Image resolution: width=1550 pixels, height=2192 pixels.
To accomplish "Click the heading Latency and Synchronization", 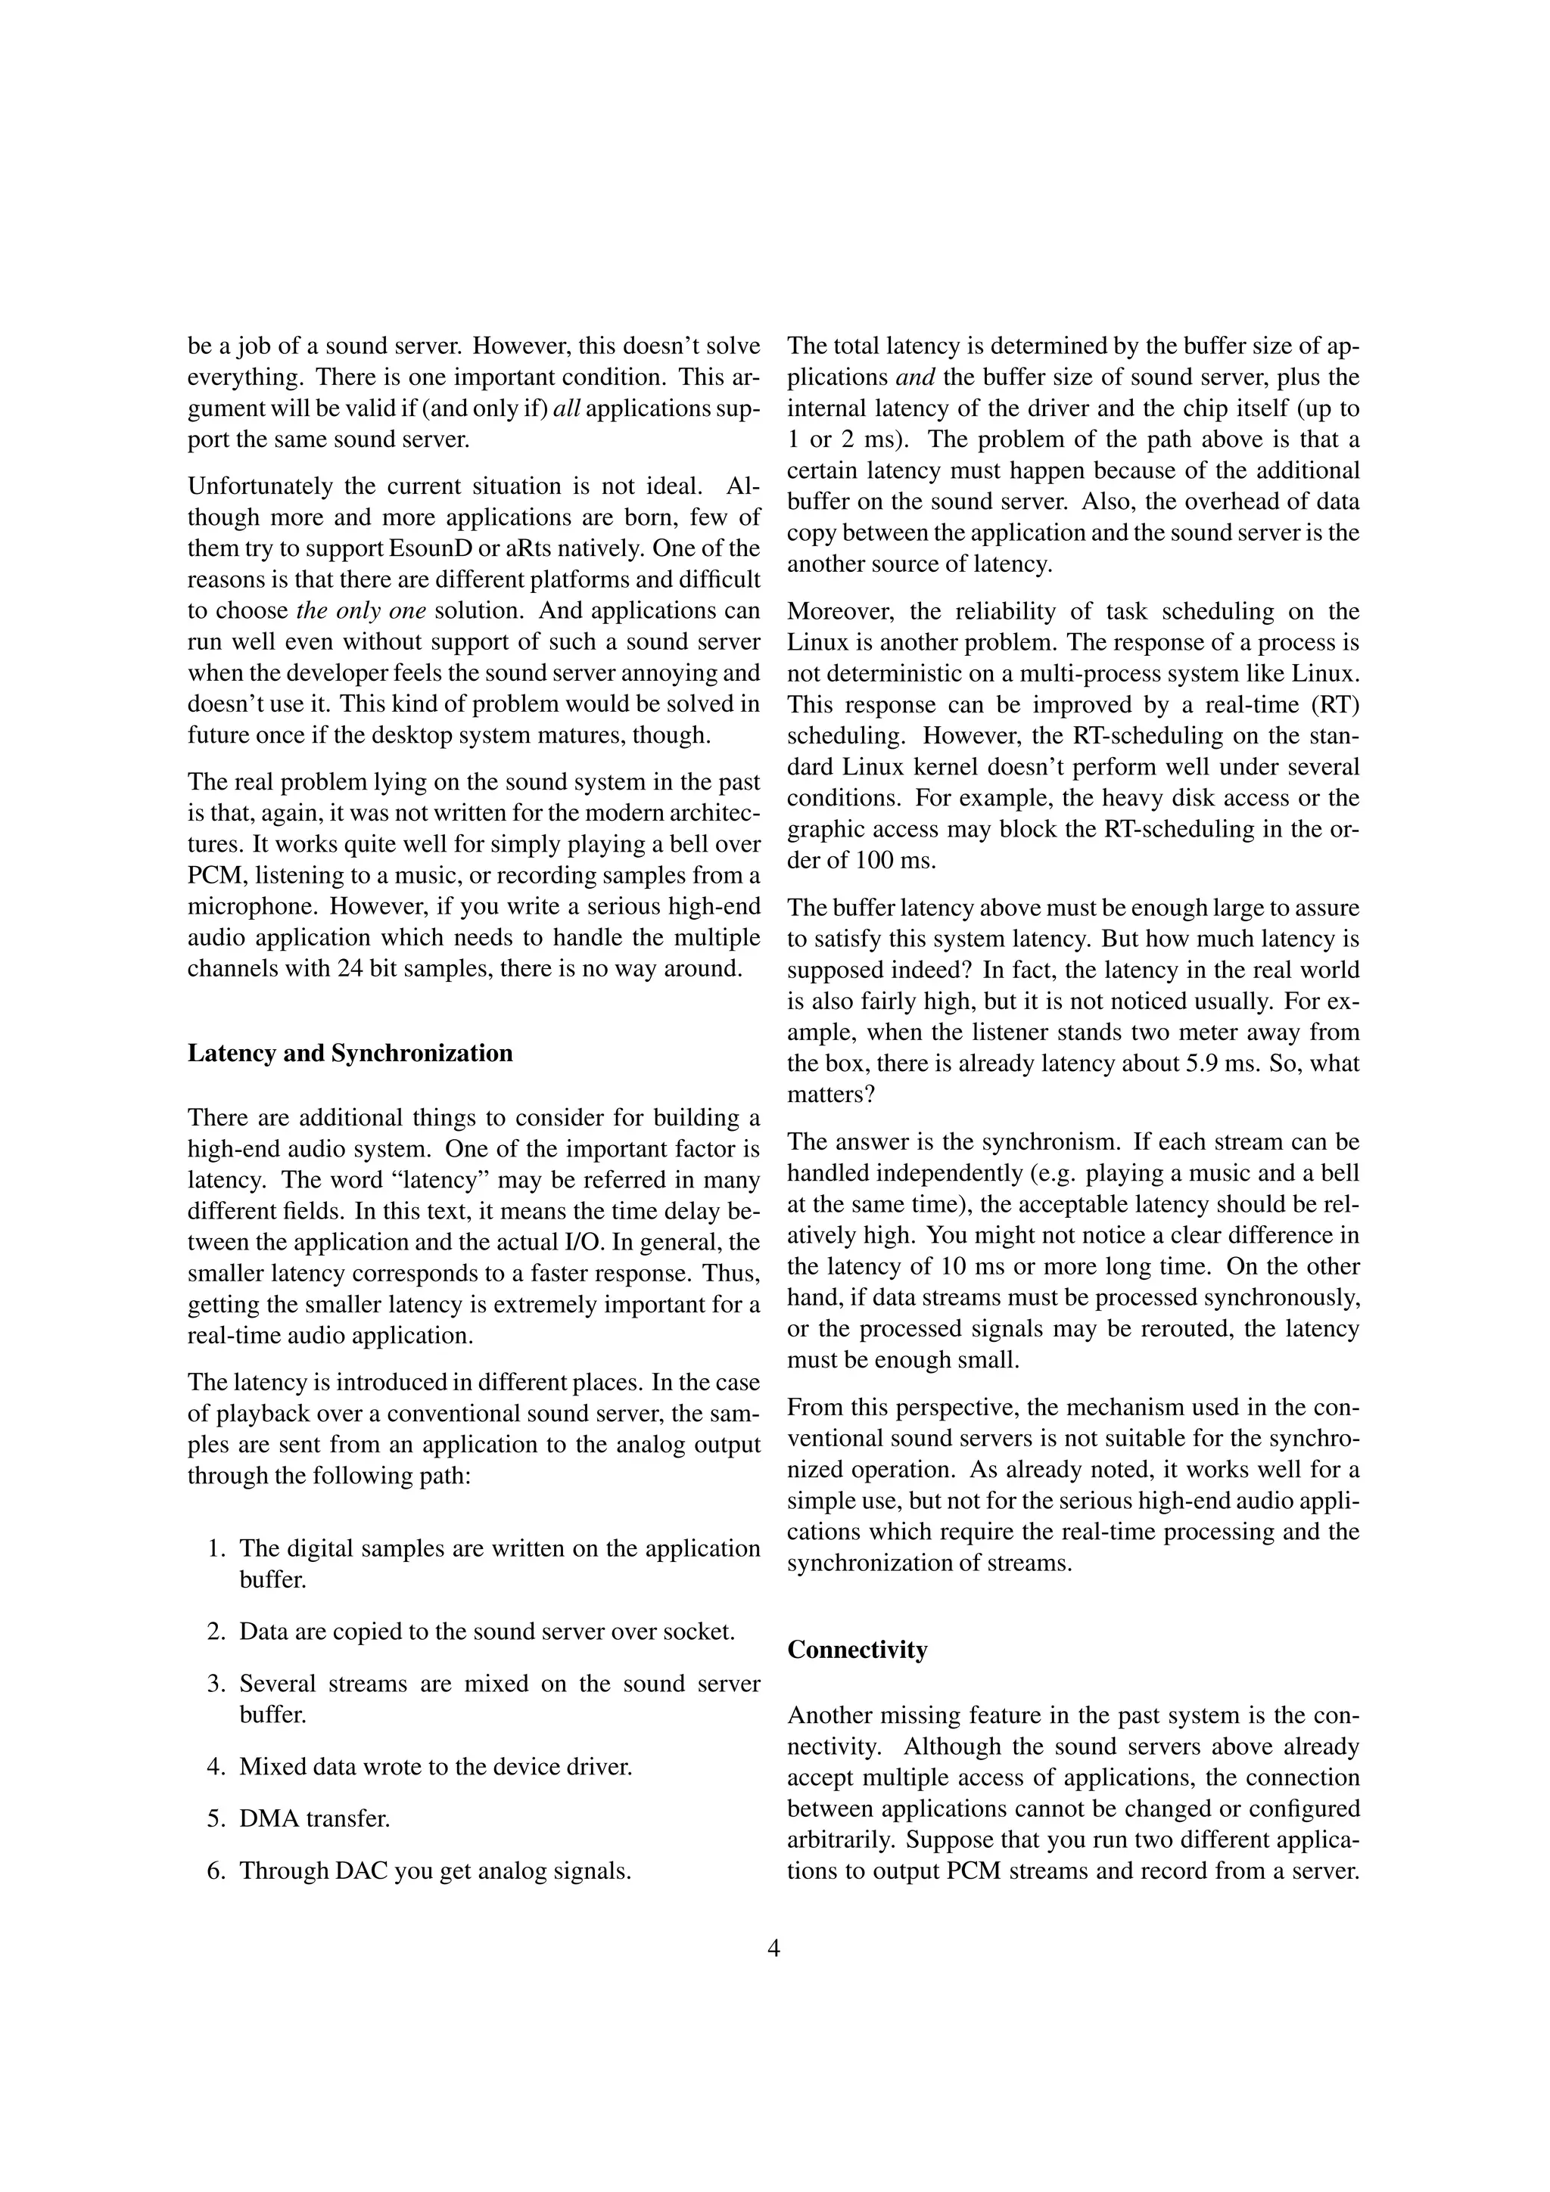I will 350,1053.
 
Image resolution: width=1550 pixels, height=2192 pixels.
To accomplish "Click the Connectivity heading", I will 857,1650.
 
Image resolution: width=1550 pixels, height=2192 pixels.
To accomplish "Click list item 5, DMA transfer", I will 314,1818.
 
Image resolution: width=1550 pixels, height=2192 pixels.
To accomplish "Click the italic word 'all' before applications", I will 566,408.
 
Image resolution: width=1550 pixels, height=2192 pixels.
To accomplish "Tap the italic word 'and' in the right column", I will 915,377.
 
